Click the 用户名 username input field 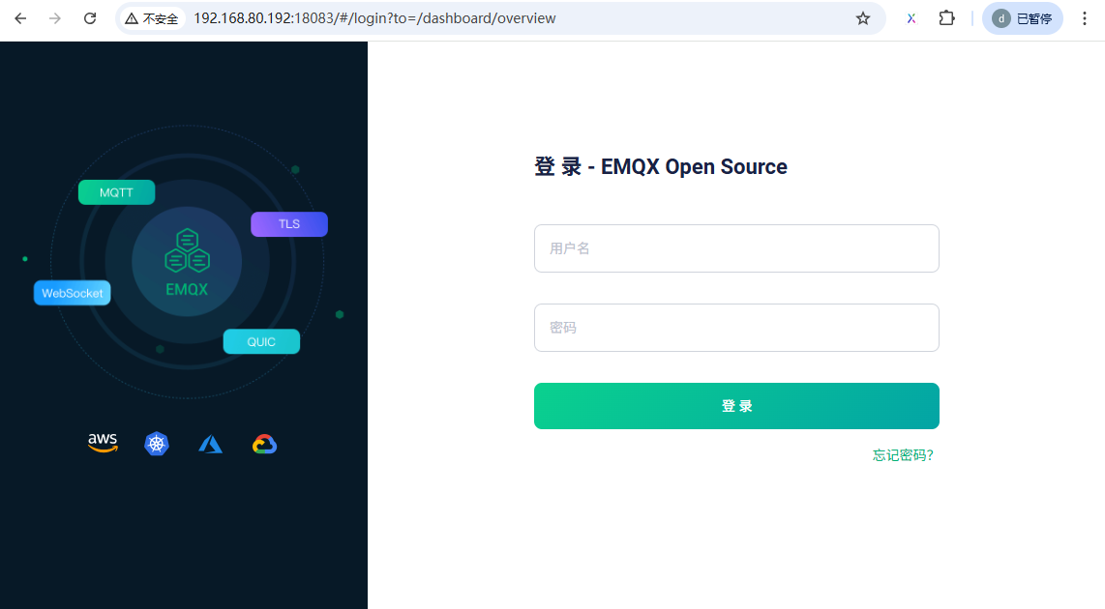click(x=735, y=248)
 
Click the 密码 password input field click(x=735, y=328)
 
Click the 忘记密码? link click(x=903, y=455)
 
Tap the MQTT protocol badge click(x=116, y=192)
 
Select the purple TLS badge click(x=288, y=224)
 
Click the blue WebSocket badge click(x=73, y=293)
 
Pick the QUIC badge click(x=261, y=342)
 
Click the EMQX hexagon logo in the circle click(x=187, y=252)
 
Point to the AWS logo click(x=103, y=443)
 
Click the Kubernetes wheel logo click(x=157, y=444)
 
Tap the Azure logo click(x=210, y=444)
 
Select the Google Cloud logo click(x=264, y=444)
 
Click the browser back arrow click(x=20, y=18)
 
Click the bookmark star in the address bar click(x=863, y=18)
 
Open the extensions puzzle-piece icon click(x=947, y=18)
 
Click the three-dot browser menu click(x=1085, y=18)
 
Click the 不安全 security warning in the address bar click(x=152, y=18)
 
